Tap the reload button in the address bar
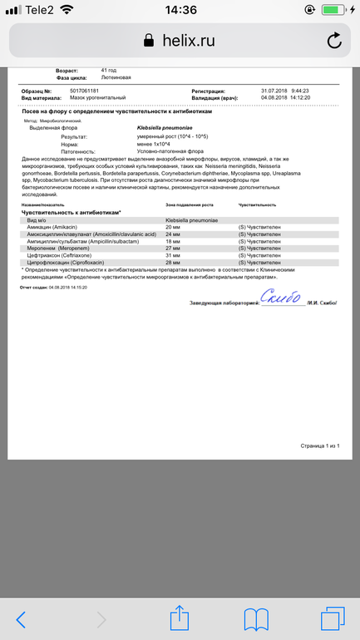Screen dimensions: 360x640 click(x=334, y=41)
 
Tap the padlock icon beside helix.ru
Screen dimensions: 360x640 click(x=149, y=41)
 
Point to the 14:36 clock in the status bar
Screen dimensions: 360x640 click(x=180, y=10)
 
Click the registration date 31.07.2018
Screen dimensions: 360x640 click(x=251, y=91)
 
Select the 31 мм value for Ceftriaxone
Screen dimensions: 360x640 click(x=173, y=255)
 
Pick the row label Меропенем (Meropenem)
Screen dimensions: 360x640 click(x=63, y=248)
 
